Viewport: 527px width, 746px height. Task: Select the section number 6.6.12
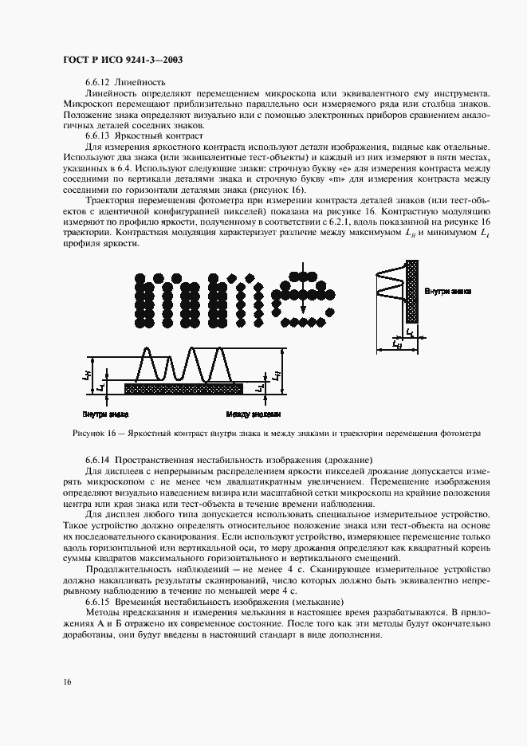point(98,82)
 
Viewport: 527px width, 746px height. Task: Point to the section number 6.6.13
point(98,135)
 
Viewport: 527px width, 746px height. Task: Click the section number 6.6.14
point(98,461)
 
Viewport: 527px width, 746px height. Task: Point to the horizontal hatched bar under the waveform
point(184,388)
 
